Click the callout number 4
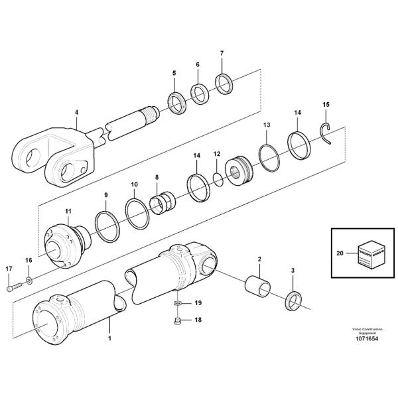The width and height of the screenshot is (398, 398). [76, 113]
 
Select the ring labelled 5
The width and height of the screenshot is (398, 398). [177, 103]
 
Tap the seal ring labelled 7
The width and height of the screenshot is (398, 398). [224, 85]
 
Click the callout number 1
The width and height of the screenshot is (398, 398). [109, 338]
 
